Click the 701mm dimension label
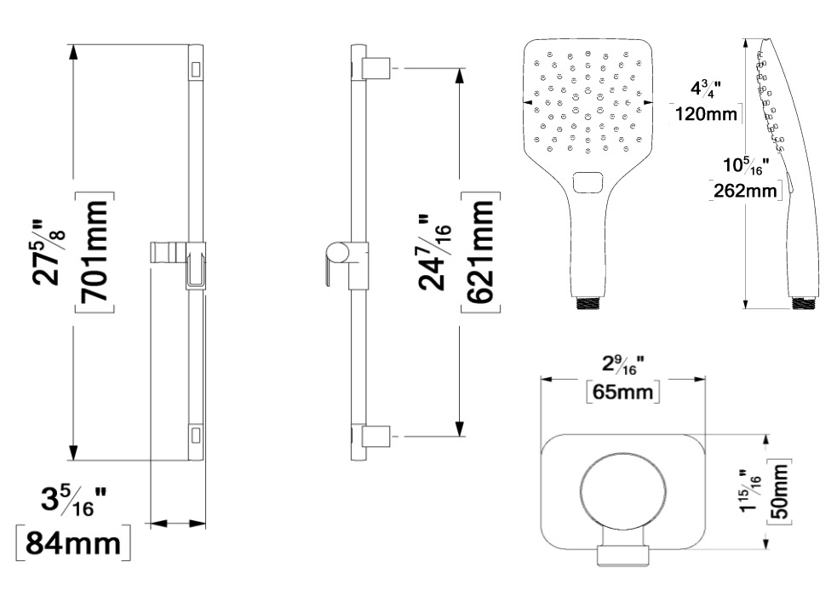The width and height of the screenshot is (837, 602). (95, 251)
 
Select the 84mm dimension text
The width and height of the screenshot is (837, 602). (73, 544)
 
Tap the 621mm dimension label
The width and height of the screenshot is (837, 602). (480, 251)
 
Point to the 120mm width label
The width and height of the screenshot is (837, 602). (706, 114)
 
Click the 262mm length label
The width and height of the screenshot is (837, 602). (745, 190)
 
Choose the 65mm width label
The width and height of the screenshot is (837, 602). (623, 393)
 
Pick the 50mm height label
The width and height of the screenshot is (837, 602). (779, 491)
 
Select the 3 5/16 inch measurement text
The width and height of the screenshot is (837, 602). (74, 501)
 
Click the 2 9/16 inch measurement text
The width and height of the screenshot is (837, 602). (622, 365)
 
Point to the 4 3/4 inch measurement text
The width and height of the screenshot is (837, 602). (706, 88)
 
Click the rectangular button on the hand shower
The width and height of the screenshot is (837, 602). (588, 182)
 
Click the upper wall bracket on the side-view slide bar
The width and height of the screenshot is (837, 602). (377, 68)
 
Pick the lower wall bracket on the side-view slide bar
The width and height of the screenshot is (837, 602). (377, 437)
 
